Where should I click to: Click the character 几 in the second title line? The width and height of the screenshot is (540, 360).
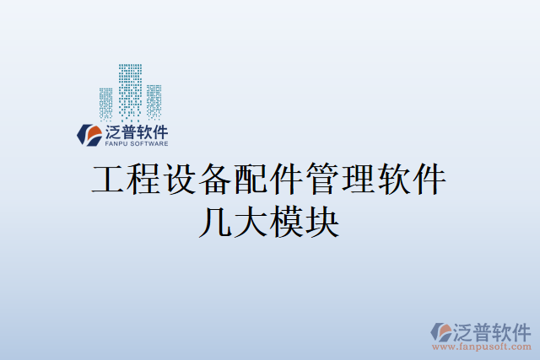click(212, 221)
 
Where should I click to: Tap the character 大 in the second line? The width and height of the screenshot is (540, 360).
click(251, 221)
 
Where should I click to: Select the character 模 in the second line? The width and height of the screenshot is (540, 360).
click(289, 221)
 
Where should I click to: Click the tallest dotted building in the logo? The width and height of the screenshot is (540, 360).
click(130, 89)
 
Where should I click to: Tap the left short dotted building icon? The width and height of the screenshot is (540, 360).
click(105, 102)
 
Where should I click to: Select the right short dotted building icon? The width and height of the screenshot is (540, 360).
click(154, 100)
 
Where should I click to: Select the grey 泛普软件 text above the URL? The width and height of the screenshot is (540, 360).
click(492, 330)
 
